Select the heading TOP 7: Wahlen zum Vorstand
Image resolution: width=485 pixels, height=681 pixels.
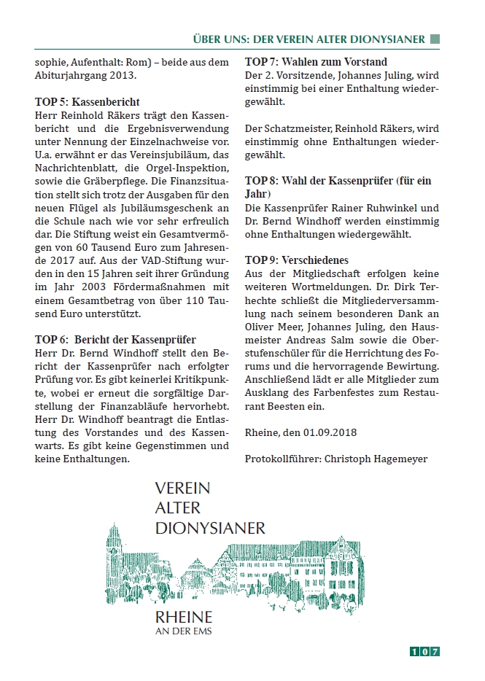click(x=316, y=62)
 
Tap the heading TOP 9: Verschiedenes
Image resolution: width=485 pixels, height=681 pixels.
click(x=296, y=260)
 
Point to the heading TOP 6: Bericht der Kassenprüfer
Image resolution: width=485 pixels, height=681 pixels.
click(x=115, y=340)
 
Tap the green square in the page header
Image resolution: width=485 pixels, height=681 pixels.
click(x=435, y=39)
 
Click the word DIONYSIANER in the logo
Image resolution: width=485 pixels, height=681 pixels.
click(x=210, y=526)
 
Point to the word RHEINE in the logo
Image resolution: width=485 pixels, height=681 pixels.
click(x=184, y=616)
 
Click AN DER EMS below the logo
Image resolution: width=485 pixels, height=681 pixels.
click(x=184, y=631)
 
